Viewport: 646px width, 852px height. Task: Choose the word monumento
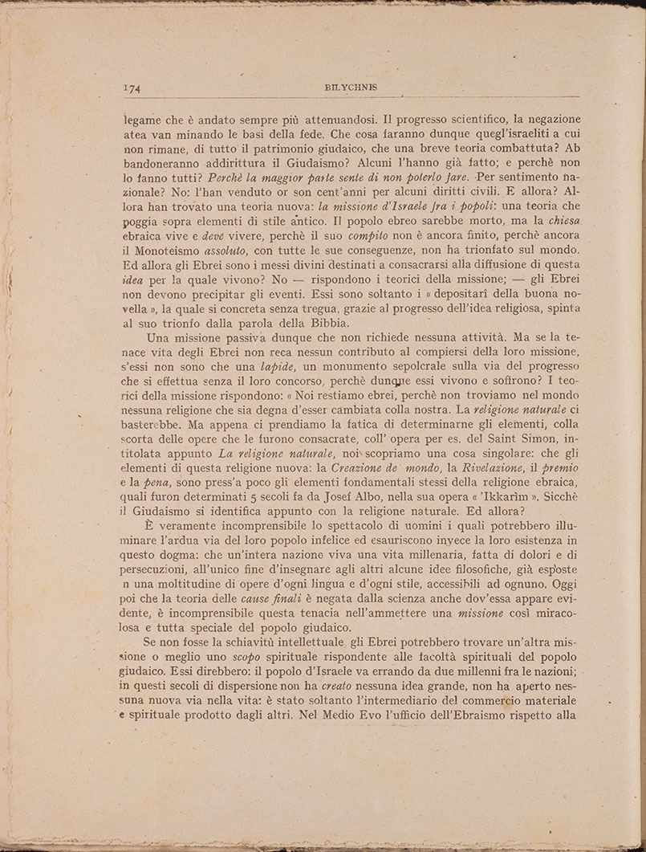click(x=337, y=370)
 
